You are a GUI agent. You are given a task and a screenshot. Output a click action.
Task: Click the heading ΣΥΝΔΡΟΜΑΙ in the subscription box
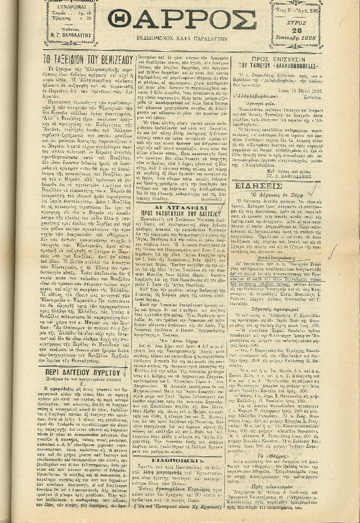point(71,8)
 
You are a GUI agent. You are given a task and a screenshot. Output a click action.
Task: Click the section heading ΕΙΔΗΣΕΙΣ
point(259,185)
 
